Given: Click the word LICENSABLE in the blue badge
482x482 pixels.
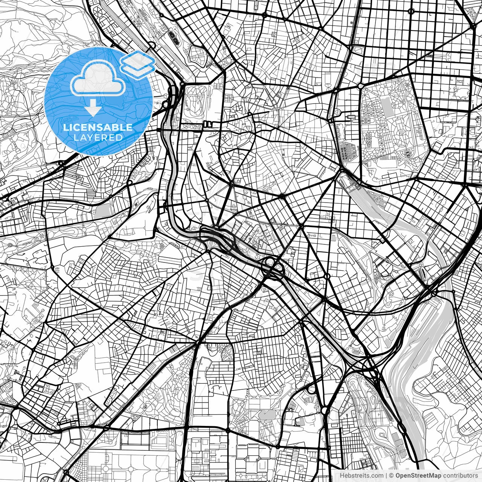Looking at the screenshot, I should click(x=98, y=127).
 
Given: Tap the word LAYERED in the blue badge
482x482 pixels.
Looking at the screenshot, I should click(x=98, y=137).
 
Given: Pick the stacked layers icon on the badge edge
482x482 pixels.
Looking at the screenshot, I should click(x=138, y=63).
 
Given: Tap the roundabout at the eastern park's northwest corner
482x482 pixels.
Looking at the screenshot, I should click(x=361, y=86).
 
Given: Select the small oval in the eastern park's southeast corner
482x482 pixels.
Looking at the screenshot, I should click(x=407, y=154).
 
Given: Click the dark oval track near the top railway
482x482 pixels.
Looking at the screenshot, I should click(x=174, y=36).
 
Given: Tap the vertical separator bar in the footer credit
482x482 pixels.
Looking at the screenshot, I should click(x=387, y=476).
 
